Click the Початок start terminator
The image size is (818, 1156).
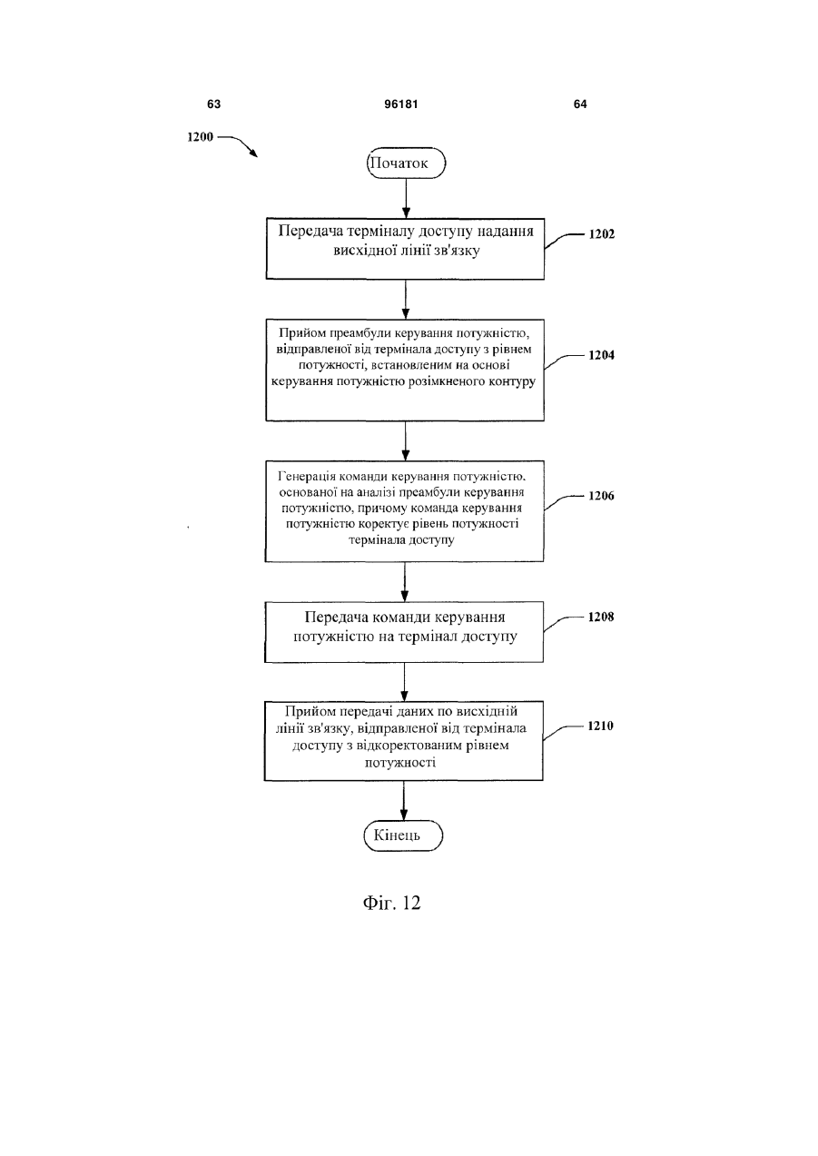coord(406,163)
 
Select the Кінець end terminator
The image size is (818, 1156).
coord(403,835)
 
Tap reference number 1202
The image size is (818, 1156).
coord(602,234)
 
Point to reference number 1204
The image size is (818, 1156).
coord(601,355)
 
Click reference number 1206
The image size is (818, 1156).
coord(601,496)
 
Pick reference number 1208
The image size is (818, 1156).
coord(601,617)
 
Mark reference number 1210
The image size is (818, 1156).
coord(600,726)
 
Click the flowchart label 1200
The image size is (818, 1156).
coord(200,137)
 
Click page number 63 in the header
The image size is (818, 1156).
coord(213,104)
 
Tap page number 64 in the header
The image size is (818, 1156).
coord(580,104)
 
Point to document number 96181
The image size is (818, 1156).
coord(401,104)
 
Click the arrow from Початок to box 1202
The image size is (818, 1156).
coord(406,199)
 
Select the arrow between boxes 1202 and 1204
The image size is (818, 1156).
coord(405,300)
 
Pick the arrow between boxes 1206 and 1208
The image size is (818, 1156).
coord(405,581)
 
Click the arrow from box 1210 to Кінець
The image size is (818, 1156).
coord(404,800)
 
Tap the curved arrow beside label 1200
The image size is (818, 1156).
coord(238,144)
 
